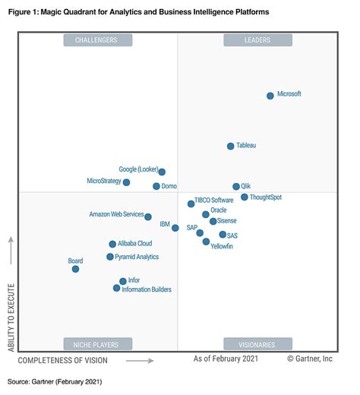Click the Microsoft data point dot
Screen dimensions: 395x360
point(270,96)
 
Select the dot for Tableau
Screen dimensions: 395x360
point(231,146)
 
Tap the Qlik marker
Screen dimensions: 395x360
point(236,186)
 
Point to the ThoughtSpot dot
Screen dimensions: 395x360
point(245,197)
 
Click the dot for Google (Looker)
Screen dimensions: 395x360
point(162,172)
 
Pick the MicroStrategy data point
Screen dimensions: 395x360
point(127,182)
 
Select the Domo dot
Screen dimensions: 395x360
point(156,186)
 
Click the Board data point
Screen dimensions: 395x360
point(75,269)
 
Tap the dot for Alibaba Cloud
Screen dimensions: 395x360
point(112,244)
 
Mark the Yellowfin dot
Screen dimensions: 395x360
point(206,242)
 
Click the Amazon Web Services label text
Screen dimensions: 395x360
point(116,215)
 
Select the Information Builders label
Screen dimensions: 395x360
point(147,289)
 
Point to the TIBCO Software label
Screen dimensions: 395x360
point(214,201)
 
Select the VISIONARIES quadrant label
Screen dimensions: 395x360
point(257,344)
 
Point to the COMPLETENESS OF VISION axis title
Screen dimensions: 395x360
point(62,360)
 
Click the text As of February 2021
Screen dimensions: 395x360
point(226,359)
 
